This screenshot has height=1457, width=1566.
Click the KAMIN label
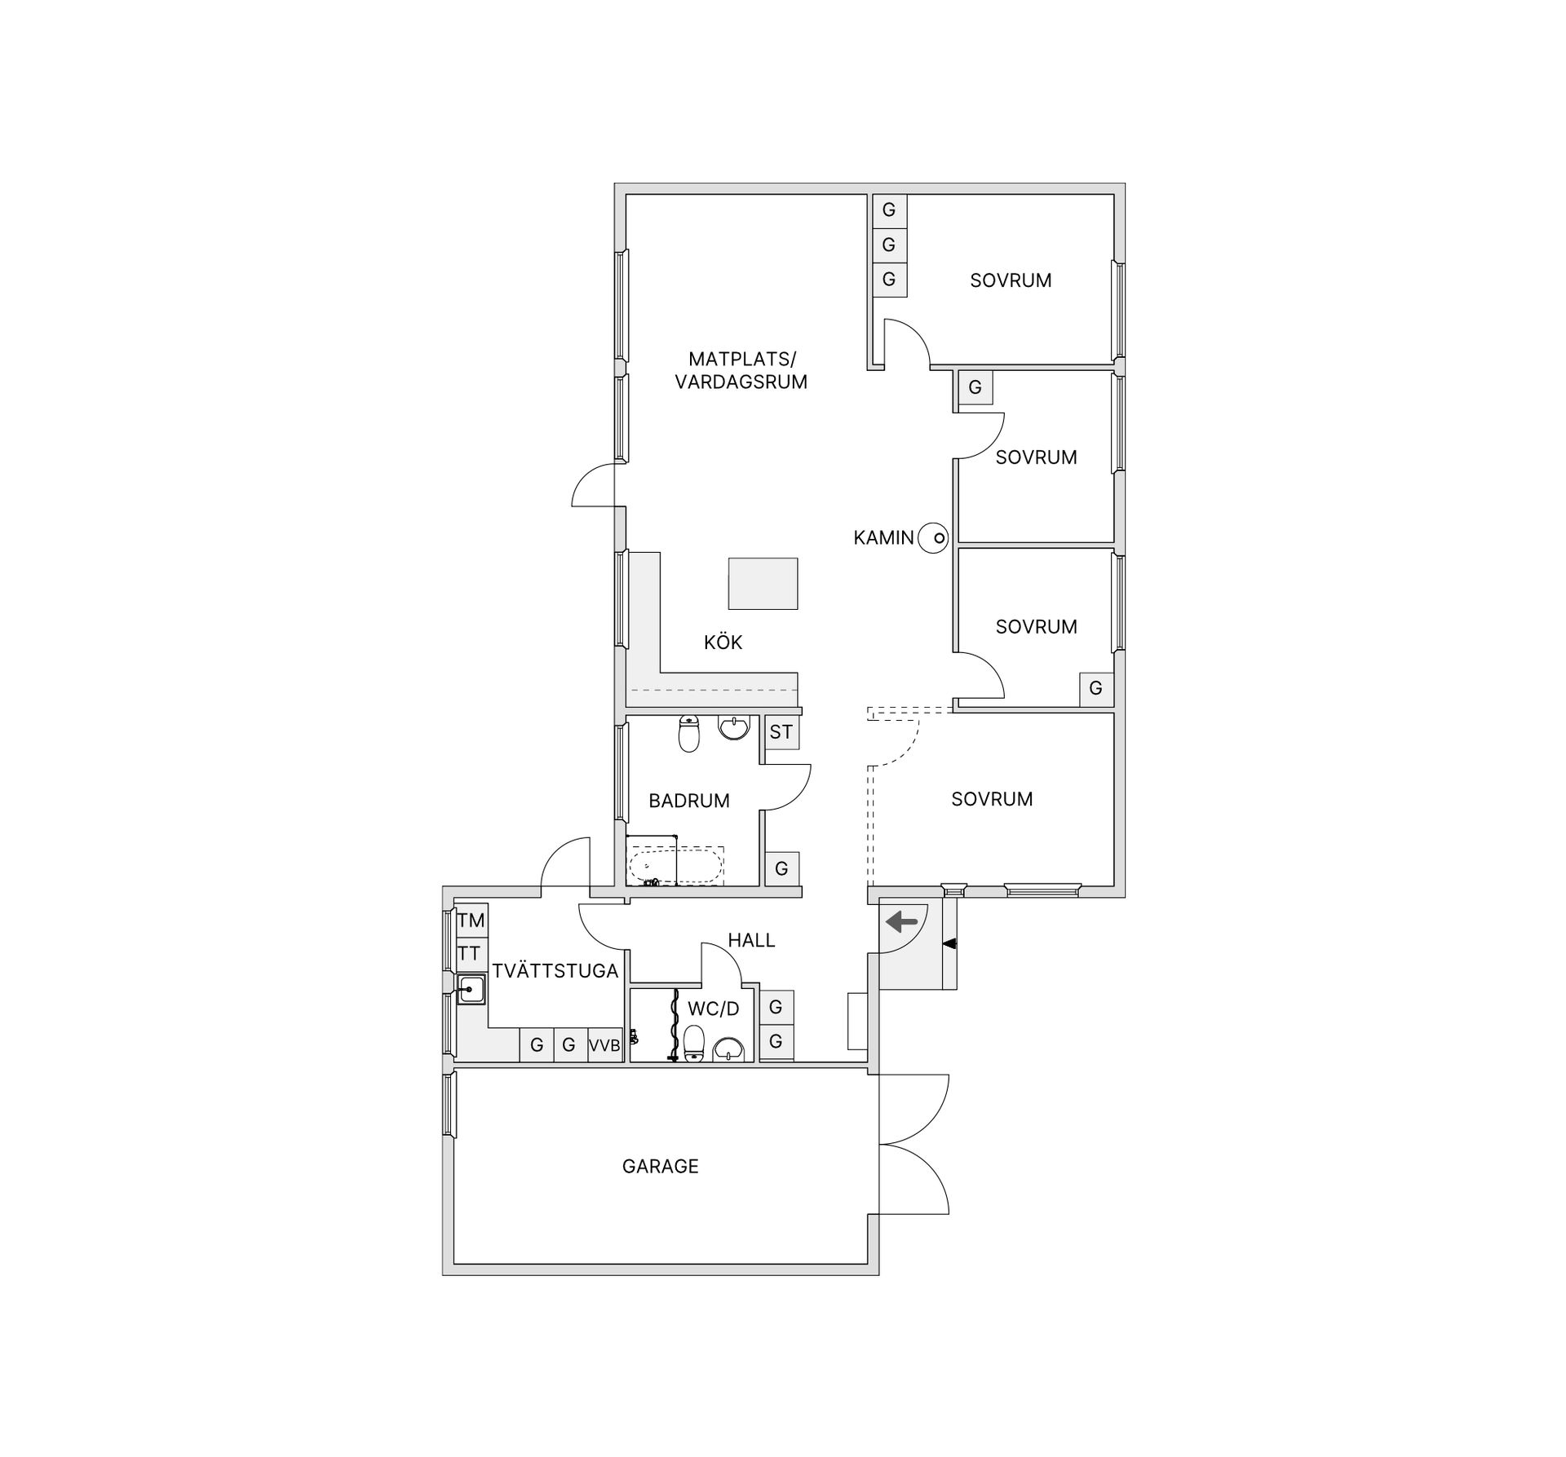883,538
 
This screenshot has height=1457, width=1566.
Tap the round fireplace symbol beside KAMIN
933,538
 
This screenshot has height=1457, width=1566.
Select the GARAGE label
660,1167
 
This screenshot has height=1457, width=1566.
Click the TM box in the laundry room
471,921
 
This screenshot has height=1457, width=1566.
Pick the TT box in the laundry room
469,953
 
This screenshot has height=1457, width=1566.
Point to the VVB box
604,1045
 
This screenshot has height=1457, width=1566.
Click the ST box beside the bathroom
781,732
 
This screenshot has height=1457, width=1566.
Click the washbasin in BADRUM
736,727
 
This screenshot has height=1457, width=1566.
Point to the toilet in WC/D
694,1044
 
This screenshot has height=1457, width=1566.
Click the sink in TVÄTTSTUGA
471,989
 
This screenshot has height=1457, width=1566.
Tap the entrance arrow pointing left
902,922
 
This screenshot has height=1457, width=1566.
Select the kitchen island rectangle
763,583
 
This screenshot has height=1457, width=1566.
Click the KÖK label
723,642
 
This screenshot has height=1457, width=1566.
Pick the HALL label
751,940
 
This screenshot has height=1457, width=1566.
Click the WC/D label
713,1009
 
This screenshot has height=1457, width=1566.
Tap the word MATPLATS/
741,359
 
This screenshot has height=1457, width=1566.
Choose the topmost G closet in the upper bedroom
888,210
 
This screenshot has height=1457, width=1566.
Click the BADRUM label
689,801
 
